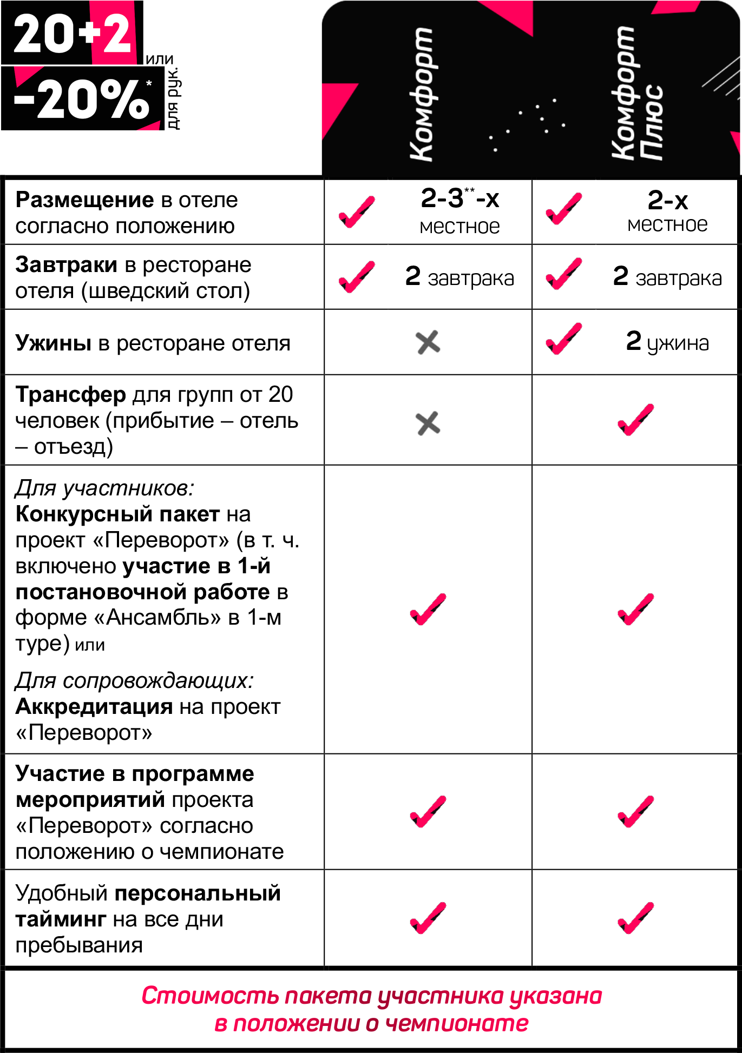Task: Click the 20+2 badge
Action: tap(72, 33)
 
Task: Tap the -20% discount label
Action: tap(82, 98)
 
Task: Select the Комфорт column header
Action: tap(421, 95)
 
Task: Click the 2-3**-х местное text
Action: tap(460, 211)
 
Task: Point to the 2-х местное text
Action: tap(667, 211)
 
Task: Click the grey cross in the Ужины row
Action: tap(428, 342)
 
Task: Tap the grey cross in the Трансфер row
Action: tap(428, 423)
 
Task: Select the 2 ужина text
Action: tap(667, 341)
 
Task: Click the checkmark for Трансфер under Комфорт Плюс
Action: tap(636, 420)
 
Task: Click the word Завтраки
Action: tap(66, 265)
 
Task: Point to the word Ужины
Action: tap(53, 343)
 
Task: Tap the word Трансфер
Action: tap(70, 395)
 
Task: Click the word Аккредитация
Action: tap(94, 707)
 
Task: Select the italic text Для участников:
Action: tap(104, 488)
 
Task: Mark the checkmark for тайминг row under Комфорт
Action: tap(428, 918)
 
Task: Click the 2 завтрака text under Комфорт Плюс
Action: tap(667, 276)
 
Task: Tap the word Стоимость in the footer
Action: tap(211, 996)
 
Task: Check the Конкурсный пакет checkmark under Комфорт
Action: tap(428, 609)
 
